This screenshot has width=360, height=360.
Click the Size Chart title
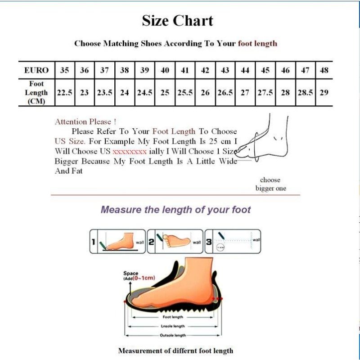[x=177, y=21]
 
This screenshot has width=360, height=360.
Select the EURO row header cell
[x=36, y=70]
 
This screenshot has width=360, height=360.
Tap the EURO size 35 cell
[x=64, y=70]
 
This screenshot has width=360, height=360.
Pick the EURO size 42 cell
[x=205, y=70]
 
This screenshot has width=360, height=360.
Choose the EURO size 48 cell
[x=324, y=70]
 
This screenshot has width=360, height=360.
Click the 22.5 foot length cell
[x=64, y=93]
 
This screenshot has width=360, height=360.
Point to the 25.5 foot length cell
[x=185, y=93]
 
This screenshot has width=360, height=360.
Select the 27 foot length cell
[x=245, y=93]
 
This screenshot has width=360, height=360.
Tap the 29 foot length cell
[x=324, y=93]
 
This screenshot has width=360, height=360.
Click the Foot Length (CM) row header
[x=36, y=93]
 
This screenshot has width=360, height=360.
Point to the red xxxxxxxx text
[x=130, y=151]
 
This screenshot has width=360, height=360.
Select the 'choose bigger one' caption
[x=270, y=184]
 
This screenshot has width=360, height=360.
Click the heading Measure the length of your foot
[x=175, y=210]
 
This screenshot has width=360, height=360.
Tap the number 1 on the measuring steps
[x=94, y=242]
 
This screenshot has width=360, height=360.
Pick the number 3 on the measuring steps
[x=209, y=242]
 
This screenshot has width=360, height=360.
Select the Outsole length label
[x=173, y=335]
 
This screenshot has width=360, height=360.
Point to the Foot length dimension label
[x=173, y=317]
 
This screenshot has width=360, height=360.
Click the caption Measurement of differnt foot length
[x=175, y=351]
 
